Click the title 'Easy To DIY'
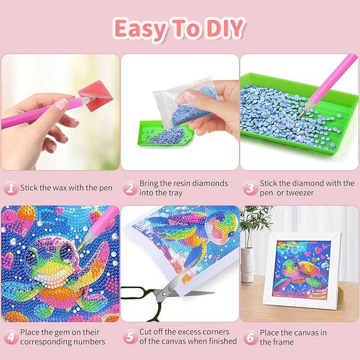180,29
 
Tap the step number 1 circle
10,188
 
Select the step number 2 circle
129,188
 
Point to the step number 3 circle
249,188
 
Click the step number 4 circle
10,337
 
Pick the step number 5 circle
129,337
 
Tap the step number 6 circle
249,337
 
